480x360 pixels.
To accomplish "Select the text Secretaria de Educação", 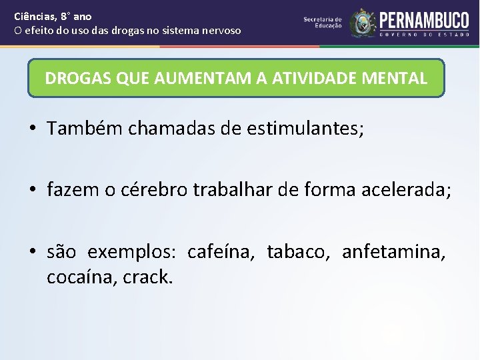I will coord(323,23).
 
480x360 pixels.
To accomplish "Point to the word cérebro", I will coord(155,191).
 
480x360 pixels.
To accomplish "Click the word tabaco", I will coord(299,253).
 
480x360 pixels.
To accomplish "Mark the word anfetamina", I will coord(393,253).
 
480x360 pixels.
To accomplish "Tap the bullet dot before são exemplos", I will coord(32,253).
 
